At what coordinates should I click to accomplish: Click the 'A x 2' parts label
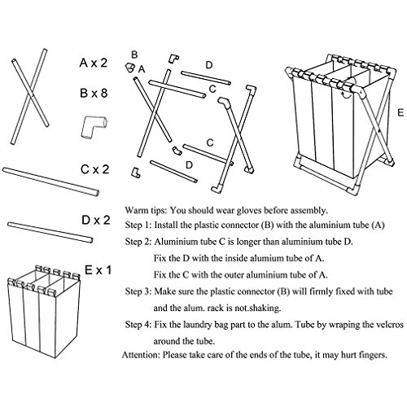point(94,63)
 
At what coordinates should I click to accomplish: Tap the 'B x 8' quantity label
point(94,94)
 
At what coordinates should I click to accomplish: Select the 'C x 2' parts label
point(95,169)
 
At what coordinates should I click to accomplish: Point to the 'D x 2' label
point(96,220)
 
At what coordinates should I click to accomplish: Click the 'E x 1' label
point(98,270)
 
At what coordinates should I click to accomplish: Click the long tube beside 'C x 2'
point(50,182)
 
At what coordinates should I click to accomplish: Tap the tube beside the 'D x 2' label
point(50,233)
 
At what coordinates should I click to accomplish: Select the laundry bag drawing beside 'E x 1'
point(44,312)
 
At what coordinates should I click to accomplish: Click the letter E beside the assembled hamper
point(400,112)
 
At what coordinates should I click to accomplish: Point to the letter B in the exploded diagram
point(134,55)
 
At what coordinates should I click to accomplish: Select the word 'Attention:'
point(141,355)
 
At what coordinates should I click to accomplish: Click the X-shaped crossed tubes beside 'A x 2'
point(30,97)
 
